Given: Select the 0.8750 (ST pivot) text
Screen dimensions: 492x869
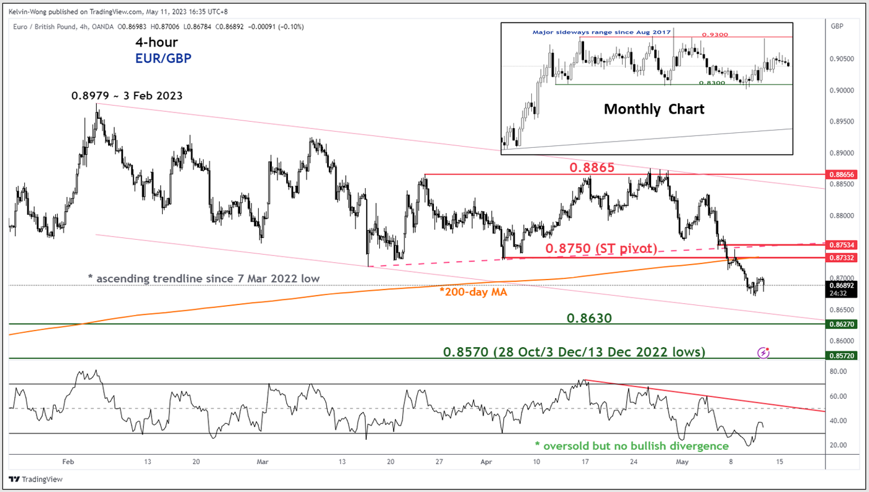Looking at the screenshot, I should pyautogui.click(x=601, y=248).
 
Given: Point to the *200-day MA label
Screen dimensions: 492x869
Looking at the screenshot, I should pyautogui.click(x=470, y=292).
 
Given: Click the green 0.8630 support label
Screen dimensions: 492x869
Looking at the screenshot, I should pyautogui.click(x=589, y=318).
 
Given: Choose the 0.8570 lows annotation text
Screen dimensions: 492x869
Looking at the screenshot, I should pyautogui.click(x=574, y=352).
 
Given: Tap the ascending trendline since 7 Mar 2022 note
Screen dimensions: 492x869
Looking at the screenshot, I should pyautogui.click(x=204, y=279).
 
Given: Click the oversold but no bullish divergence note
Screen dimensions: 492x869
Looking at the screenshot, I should pyautogui.click(x=631, y=445).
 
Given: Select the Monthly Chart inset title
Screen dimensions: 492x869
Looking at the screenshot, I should pyautogui.click(x=654, y=109).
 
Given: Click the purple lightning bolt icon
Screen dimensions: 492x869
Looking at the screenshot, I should pyautogui.click(x=763, y=353).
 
